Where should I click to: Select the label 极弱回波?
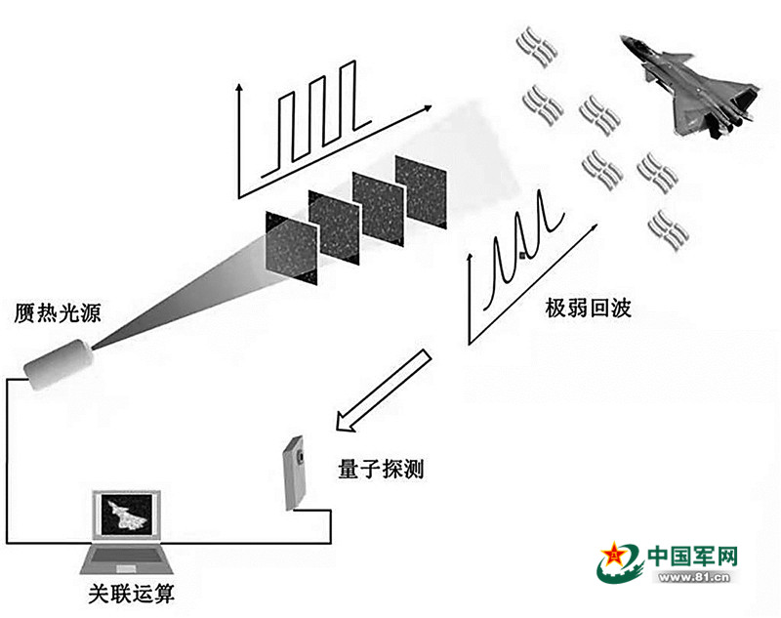click(x=589, y=309)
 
